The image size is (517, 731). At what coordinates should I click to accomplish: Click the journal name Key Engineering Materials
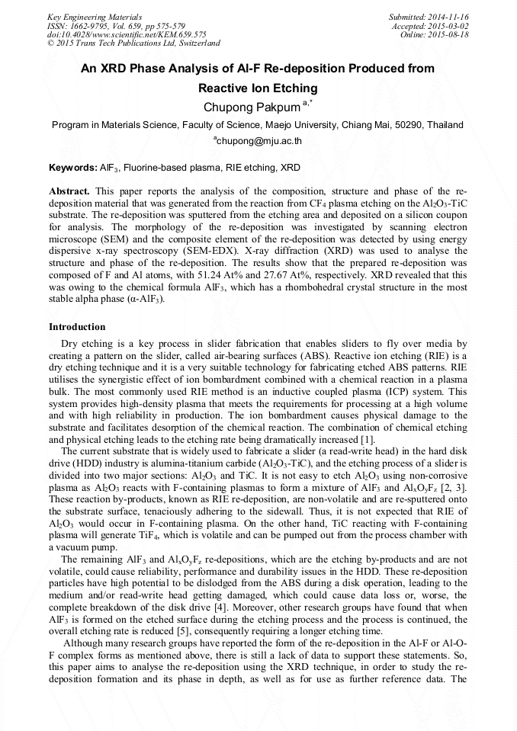point(94,16)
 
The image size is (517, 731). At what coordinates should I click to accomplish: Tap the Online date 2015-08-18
point(451,34)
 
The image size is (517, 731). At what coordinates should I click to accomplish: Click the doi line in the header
point(127,34)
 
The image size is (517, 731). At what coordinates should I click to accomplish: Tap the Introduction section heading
point(77,327)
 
